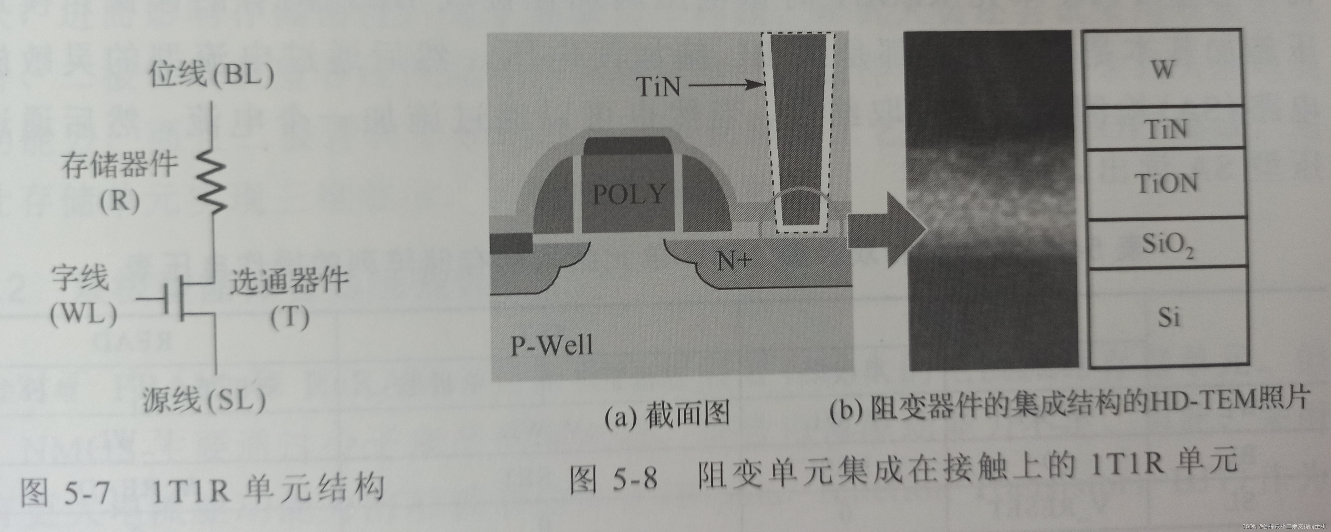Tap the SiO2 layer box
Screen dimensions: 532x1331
[1167, 244]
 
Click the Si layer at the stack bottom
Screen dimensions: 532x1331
[1168, 316]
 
